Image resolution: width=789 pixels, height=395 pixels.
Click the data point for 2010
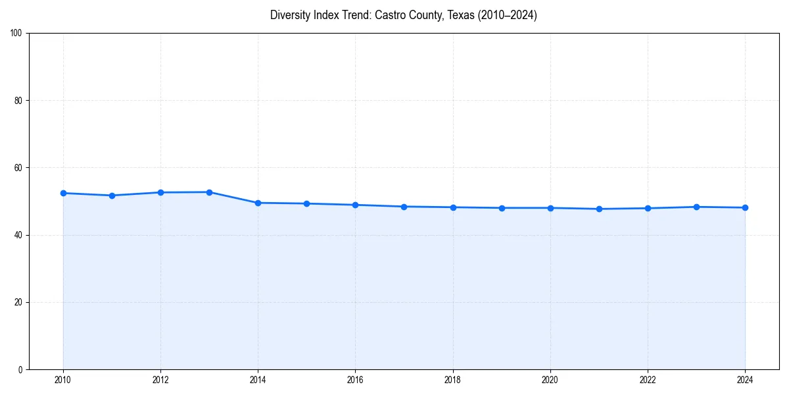coord(63,193)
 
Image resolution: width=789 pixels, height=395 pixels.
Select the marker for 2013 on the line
coord(209,192)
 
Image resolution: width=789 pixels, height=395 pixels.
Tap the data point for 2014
coord(258,203)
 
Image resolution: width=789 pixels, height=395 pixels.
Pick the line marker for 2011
coord(112,196)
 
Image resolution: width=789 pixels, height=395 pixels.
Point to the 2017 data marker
coord(404,207)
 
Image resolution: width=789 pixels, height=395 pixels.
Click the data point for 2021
coord(599,209)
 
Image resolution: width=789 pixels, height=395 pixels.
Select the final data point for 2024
coord(745,207)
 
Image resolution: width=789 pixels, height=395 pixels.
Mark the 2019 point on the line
coord(502,208)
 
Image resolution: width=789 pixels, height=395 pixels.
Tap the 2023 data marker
coord(696,207)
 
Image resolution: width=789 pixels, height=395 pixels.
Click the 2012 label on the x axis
coord(160,380)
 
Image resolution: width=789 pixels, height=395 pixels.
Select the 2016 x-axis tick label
coord(355,380)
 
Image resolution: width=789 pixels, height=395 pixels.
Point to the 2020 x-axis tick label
coord(550,380)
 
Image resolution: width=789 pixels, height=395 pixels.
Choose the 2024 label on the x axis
coord(745,380)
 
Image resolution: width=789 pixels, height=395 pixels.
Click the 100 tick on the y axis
coord(16,34)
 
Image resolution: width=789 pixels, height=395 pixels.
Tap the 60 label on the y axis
coord(18,168)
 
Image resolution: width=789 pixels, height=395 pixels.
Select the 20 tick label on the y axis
coord(18,302)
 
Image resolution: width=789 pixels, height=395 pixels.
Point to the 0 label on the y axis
coord(20,369)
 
